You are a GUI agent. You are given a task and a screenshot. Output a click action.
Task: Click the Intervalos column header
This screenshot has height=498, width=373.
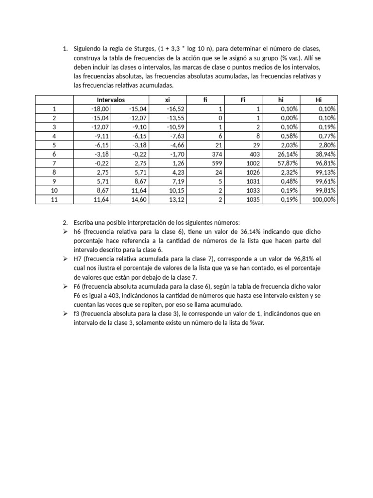coord(111,100)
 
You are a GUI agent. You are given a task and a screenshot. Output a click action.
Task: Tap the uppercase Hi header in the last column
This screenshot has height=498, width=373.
coord(319,100)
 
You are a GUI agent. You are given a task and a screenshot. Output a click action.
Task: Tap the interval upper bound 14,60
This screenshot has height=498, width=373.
coord(140,199)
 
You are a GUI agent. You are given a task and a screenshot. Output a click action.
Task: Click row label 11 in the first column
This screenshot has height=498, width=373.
coord(54,199)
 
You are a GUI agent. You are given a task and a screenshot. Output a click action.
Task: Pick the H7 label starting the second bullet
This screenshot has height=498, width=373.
coord(78,259)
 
